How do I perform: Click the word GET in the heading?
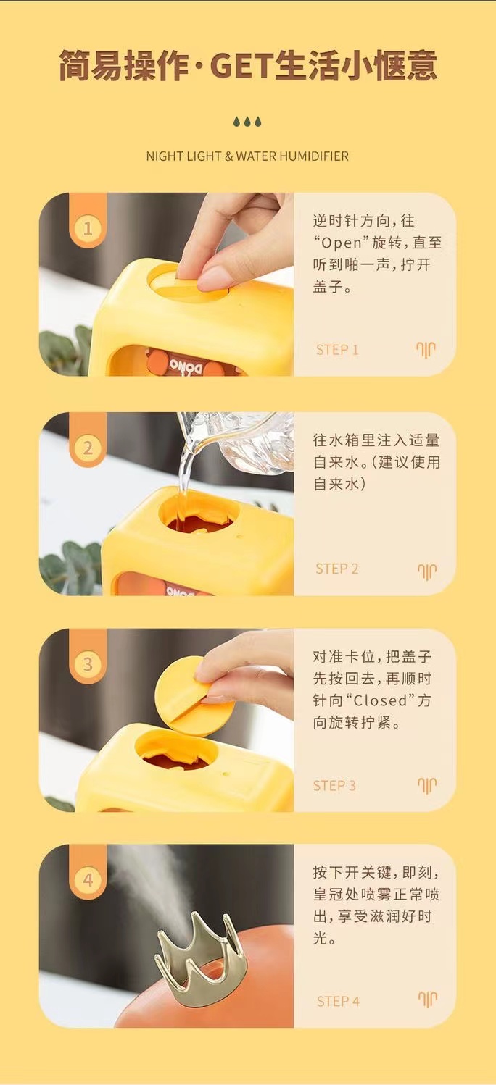pos(241,66)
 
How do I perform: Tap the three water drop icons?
pos(247,121)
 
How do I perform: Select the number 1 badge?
pos(88,228)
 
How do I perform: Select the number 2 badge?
pos(88,448)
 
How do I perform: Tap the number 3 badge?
pos(88,663)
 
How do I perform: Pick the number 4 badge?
pos(88,879)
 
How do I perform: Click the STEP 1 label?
pos(337,350)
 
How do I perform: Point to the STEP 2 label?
pos(337,569)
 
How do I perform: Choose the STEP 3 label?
pos(334,785)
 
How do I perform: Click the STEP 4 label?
pos(338,1001)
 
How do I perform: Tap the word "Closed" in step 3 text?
pos(380,700)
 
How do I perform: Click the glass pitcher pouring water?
pos(238,441)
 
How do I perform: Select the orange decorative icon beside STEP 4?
pos(427,998)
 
